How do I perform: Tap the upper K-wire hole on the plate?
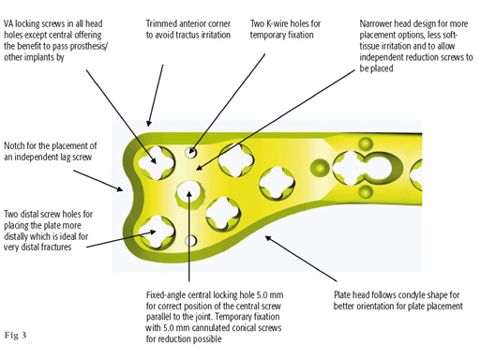pos(192,151)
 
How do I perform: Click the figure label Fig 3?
pos(18,335)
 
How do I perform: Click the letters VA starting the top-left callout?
pos(10,22)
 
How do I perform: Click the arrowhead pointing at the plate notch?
pos(117,187)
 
